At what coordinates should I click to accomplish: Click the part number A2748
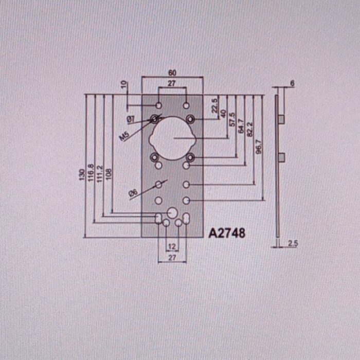[x=227, y=233]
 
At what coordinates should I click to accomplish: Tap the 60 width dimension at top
[x=172, y=73]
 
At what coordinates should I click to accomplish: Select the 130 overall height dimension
[x=82, y=175]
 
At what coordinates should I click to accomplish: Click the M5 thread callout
[x=124, y=136]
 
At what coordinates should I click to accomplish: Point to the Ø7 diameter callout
[x=131, y=119]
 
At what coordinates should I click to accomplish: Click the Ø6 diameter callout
[x=133, y=193]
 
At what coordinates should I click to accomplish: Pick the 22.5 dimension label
[x=214, y=105]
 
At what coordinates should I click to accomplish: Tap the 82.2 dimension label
[x=249, y=129]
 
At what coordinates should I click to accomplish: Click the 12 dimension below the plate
[x=172, y=246]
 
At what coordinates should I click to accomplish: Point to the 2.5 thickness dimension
[x=293, y=243]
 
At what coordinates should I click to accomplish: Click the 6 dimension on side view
[x=292, y=83]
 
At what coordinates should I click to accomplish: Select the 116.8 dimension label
[x=91, y=173]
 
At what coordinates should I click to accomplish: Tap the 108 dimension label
[x=109, y=174]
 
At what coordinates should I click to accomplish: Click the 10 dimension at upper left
[x=124, y=84]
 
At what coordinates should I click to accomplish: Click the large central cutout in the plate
[x=172, y=138]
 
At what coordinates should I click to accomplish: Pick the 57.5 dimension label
[x=232, y=119]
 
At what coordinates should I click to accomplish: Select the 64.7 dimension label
[x=241, y=126]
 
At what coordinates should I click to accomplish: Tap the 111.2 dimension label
[x=99, y=174]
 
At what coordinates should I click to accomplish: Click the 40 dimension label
[x=223, y=114]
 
